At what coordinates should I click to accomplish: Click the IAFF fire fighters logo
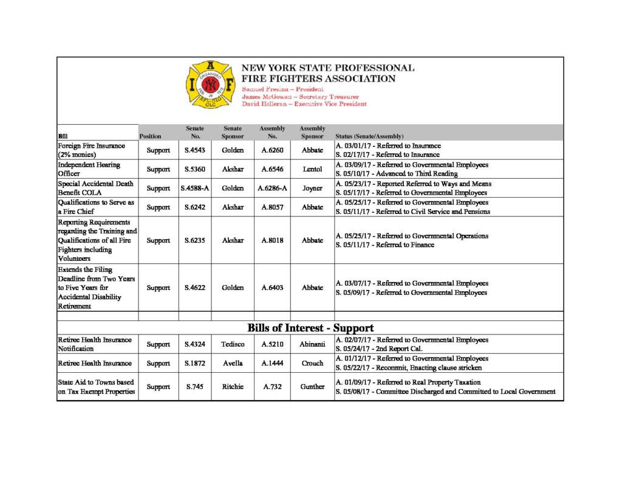(210, 85)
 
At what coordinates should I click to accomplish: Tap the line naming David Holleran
(304, 104)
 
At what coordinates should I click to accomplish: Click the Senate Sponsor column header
(233, 133)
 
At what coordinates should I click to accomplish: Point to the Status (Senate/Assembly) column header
(369, 137)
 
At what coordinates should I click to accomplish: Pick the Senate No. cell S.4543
(194, 150)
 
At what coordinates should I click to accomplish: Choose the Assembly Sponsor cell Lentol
(312, 169)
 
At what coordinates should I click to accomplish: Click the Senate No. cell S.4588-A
(194, 188)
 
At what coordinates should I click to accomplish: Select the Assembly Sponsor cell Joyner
(312, 188)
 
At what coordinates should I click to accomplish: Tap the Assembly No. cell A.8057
(273, 207)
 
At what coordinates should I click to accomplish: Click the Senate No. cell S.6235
(194, 240)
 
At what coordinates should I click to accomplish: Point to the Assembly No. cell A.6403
(273, 288)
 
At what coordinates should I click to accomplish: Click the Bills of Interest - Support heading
(310, 328)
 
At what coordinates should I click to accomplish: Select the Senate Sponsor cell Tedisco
(233, 344)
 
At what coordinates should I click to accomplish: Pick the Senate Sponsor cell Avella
(233, 363)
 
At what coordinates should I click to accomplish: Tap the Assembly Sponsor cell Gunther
(312, 387)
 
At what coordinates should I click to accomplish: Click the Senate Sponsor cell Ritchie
(233, 387)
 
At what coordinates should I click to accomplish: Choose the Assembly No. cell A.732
(273, 387)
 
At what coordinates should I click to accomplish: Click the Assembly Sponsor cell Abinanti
(312, 344)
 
